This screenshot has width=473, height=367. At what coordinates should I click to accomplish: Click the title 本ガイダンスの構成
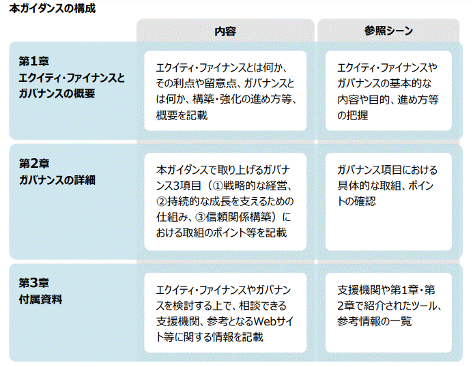point(52,9)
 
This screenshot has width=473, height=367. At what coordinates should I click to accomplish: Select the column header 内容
point(225,31)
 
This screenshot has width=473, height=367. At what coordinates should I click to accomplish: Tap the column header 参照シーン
point(388,31)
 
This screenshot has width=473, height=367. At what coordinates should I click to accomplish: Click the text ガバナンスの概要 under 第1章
point(57,93)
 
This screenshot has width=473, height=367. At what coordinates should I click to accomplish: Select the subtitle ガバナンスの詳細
point(57,180)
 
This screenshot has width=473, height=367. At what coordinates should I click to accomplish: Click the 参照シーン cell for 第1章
point(388,91)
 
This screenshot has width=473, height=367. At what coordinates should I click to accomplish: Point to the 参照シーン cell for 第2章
point(388,201)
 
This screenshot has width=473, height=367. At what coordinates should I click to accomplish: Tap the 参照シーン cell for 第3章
point(388,312)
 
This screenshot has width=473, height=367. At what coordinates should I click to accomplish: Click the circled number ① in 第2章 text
point(214,186)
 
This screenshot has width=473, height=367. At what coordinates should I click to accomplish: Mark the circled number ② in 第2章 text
point(162,201)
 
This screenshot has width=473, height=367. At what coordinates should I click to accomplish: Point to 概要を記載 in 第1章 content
point(182,115)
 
